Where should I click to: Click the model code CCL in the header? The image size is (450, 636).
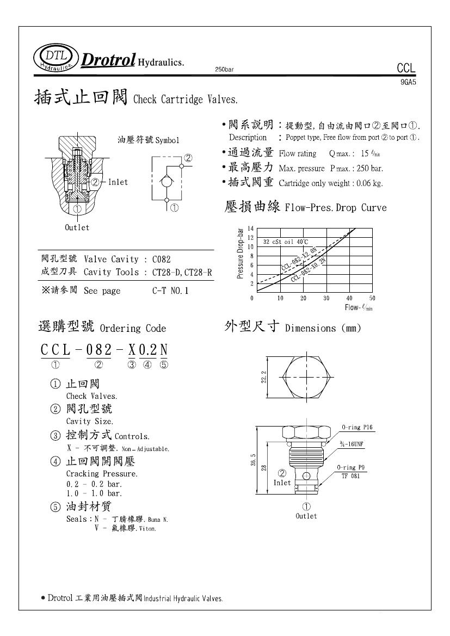pyautogui.click(x=406, y=68)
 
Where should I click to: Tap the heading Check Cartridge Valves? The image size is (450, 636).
pyautogui.click(x=186, y=100)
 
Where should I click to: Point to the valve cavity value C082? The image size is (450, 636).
pyautogui.click(x=162, y=260)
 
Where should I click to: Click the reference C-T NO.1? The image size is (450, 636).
pyautogui.click(x=170, y=291)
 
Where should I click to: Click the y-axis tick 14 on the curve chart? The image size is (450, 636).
pyautogui.click(x=251, y=229)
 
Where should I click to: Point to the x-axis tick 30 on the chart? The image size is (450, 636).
pyautogui.click(x=326, y=298)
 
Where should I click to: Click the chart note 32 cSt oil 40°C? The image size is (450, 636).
pyautogui.click(x=286, y=242)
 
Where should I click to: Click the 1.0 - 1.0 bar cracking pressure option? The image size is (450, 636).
pyautogui.click(x=94, y=493)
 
